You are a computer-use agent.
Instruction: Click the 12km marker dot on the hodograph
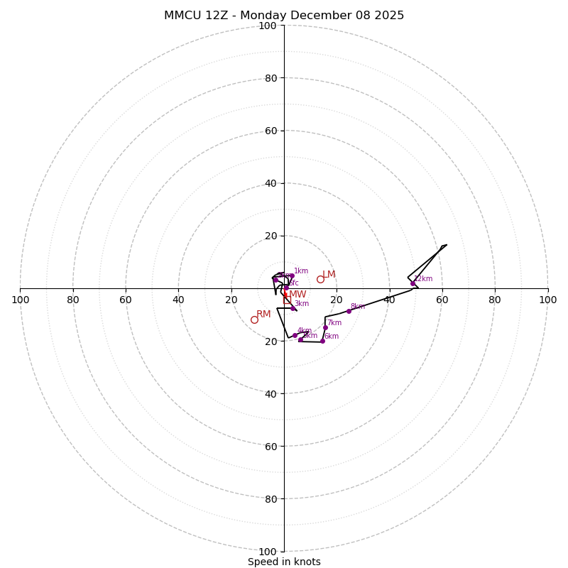(413, 283)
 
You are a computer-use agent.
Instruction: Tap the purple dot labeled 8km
(349, 311)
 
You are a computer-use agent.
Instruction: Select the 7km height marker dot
(325, 327)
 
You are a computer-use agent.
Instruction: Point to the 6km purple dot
(322, 341)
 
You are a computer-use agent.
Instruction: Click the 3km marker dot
(293, 308)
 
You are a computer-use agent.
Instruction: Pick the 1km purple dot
(292, 275)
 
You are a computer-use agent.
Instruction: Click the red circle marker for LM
(320, 279)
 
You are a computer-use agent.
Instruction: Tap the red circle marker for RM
(254, 319)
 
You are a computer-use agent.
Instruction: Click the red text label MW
(297, 295)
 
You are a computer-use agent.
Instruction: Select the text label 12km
(423, 279)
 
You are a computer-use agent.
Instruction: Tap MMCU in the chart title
(181, 16)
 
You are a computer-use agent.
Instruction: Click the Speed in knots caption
(284, 562)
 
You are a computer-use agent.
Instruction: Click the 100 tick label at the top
(268, 26)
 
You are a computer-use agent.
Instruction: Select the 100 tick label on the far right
(548, 300)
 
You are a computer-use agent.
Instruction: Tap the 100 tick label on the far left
(21, 300)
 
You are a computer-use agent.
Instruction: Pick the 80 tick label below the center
(271, 498)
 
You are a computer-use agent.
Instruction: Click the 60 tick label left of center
(126, 300)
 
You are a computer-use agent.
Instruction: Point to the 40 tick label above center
(271, 183)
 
